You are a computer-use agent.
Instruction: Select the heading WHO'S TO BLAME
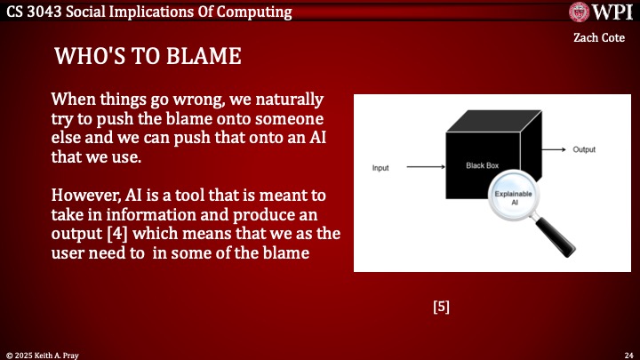[x=148, y=57]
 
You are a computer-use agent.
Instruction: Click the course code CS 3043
[x=35, y=12]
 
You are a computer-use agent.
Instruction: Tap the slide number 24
[x=628, y=354]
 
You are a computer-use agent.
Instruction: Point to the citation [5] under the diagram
[x=441, y=307]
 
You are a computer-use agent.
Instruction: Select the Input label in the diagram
[x=381, y=167]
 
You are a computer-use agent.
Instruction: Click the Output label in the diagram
[x=584, y=149]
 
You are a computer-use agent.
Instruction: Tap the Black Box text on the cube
[x=481, y=165]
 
